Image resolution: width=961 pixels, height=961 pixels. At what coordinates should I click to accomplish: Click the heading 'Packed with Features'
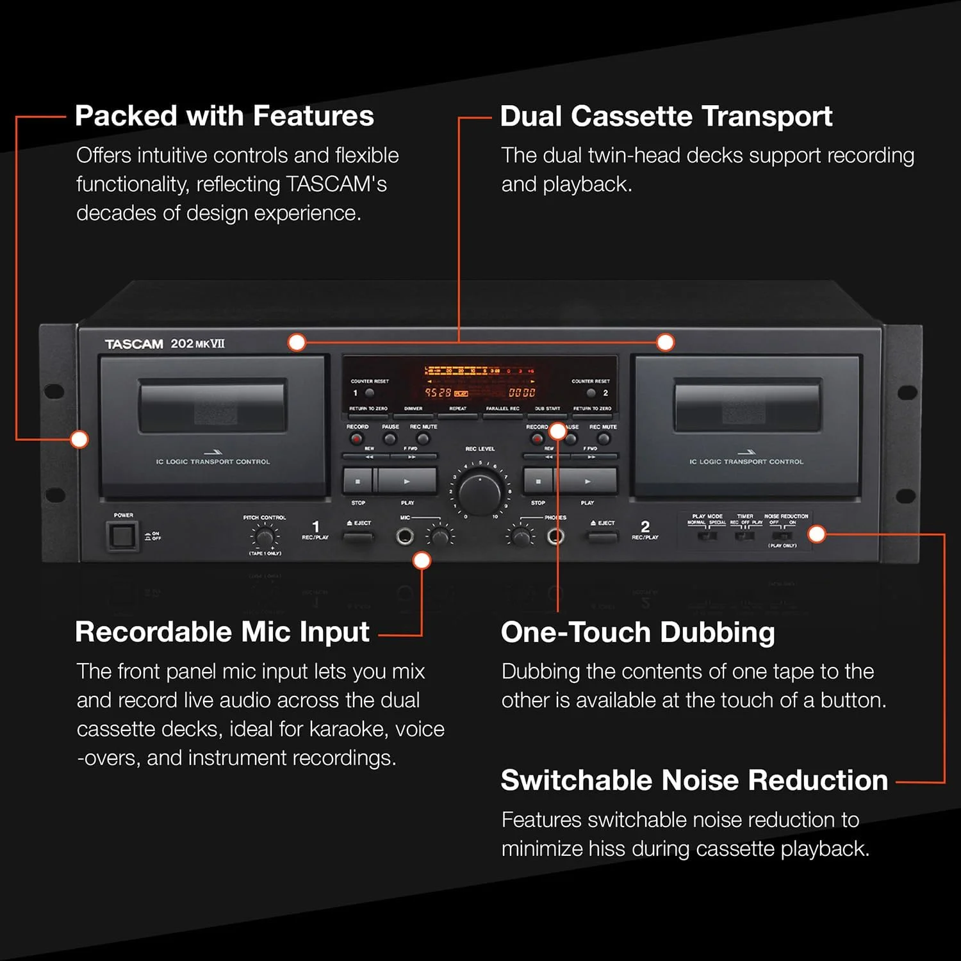point(224,116)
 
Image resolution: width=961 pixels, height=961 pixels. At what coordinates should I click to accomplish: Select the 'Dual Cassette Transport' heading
point(666,116)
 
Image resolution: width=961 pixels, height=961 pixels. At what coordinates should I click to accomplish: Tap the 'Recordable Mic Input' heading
point(222,632)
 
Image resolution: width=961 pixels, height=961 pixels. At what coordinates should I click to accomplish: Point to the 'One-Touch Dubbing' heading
point(638,632)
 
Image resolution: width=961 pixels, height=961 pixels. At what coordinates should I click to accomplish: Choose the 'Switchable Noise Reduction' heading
point(694,780)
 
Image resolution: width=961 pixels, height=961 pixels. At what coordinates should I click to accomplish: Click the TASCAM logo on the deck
point(134,344)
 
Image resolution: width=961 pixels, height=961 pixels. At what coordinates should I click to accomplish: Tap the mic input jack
point(404,536)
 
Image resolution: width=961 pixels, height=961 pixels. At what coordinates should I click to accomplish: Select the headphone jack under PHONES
point(555,536)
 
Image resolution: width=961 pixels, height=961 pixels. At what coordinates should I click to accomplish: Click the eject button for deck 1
point(359,536)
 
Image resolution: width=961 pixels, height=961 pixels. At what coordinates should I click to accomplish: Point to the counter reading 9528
point(438,393)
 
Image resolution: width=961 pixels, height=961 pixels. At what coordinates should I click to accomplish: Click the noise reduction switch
point(782,535)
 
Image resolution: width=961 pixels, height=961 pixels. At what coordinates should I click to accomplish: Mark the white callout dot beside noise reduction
point(817,534)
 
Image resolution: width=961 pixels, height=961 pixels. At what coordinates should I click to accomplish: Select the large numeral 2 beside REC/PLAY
point(645,526)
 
